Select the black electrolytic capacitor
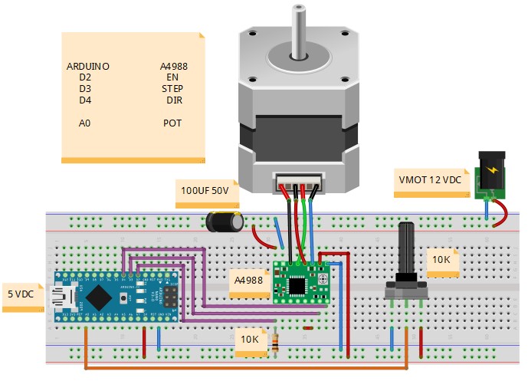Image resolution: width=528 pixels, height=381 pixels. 225,222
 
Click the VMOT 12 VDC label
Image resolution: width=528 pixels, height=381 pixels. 430,179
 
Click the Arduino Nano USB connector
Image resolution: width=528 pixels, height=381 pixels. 58,295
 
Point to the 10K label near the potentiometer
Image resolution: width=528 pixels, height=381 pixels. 441,259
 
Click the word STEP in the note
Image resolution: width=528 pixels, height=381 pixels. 172,89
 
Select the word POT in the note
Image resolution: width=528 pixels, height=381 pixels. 173,123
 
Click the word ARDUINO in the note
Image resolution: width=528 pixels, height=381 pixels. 88,67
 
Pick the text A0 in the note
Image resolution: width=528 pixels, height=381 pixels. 85,123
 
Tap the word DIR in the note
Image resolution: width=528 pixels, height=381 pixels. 174,100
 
